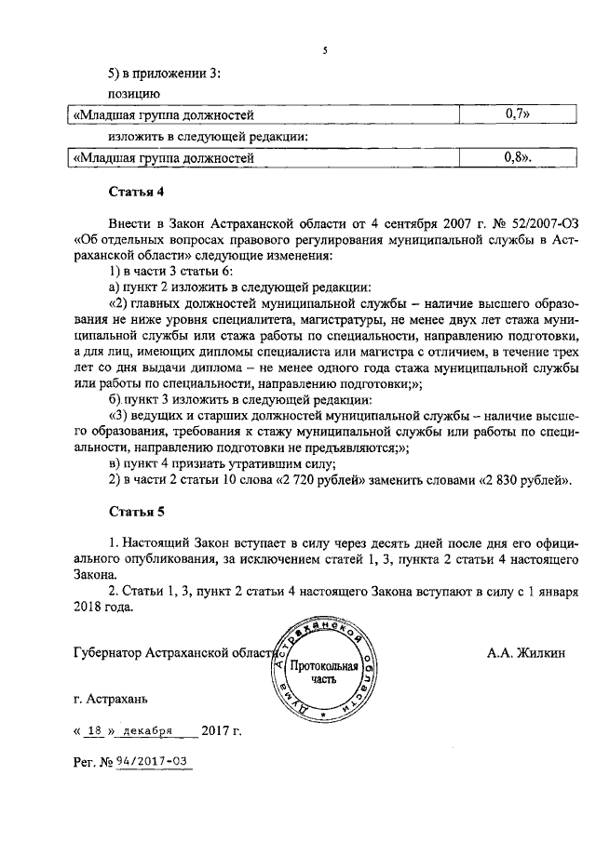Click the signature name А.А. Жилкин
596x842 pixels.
coord(525,652)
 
